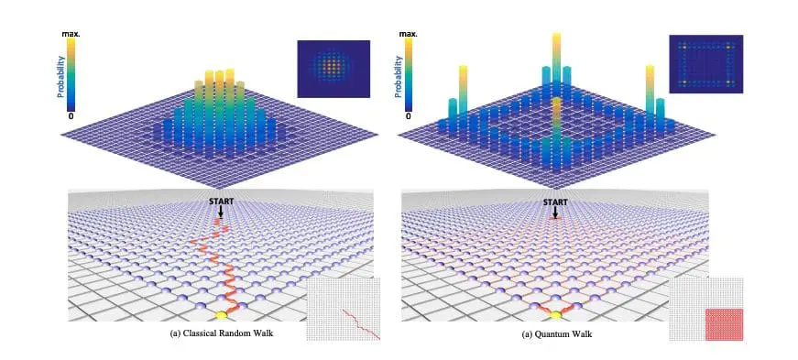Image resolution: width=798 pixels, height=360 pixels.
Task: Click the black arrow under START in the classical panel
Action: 220,211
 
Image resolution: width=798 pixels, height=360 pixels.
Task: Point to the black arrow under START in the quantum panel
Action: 554,211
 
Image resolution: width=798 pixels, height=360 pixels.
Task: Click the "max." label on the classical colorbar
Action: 71,34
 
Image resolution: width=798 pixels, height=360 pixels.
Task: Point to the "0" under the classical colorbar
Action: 71,115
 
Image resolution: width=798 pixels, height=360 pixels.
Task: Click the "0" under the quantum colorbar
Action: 409,115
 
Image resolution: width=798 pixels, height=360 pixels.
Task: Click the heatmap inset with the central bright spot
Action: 333,69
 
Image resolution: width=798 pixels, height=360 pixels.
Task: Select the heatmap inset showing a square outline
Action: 705,64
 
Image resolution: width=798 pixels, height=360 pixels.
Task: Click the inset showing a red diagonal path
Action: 343,311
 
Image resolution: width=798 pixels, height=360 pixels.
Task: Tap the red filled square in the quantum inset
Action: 724,324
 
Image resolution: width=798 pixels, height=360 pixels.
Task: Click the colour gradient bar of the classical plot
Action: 71,74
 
